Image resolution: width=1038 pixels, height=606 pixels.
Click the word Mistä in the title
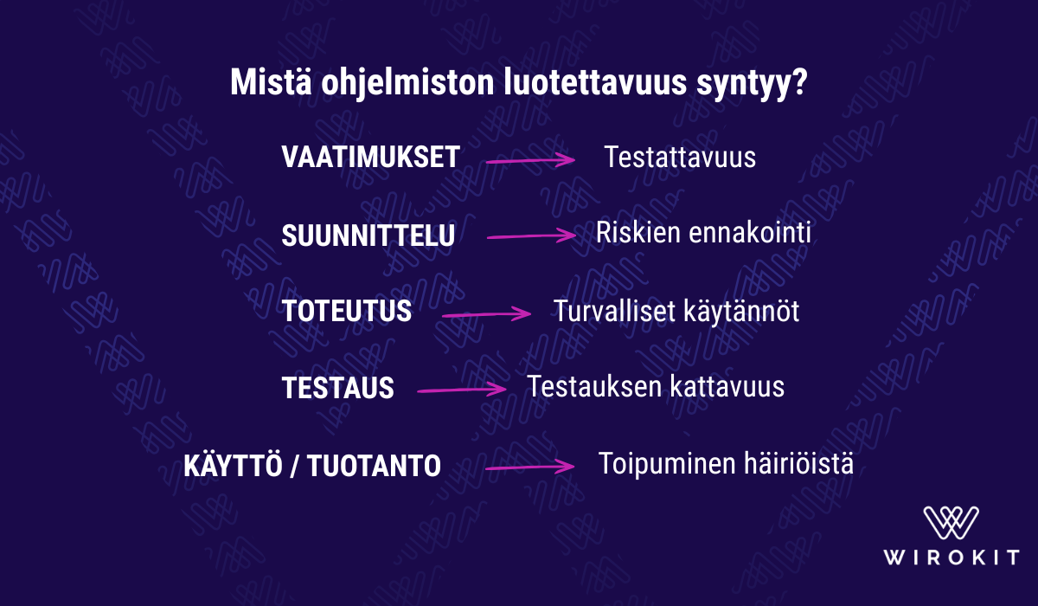(271, 82)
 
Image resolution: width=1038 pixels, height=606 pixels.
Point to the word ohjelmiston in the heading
(407, 84)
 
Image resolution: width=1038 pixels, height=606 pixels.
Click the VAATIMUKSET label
(370, 157)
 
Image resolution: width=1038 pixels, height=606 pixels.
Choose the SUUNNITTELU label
(368, 235)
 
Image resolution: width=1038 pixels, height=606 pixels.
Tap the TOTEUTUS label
(346, 311)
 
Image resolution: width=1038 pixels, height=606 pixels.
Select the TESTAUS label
(337, 388)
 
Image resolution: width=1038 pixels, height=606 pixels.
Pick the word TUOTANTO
(374, 465)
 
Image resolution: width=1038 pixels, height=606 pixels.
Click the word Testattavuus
(680, 157)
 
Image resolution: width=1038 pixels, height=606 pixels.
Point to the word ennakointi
(750, 232)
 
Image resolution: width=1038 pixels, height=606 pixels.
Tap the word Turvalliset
(614, 310)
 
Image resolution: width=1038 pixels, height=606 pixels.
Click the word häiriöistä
(798, 463)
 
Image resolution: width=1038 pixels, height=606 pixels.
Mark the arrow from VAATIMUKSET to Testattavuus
(530, 160)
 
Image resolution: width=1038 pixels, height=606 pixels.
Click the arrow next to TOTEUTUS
(486, 314)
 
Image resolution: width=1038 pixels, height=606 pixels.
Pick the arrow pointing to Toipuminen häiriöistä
(530, 467)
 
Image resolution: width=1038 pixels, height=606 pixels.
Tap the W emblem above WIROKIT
(951, 523)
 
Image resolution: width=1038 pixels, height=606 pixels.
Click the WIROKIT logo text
(951, 557)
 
